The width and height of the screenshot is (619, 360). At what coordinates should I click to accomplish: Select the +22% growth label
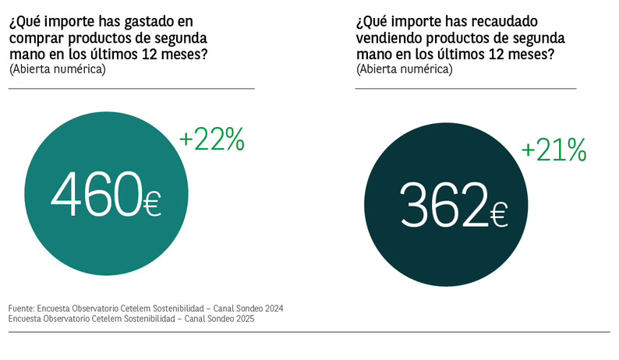pyautogui.click(x=212, y=140)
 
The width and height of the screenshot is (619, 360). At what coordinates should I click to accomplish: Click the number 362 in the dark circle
pyautogui.click(x=442, y=205)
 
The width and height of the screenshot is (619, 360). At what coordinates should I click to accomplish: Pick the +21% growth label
pyautogui.click(x=554, y=150)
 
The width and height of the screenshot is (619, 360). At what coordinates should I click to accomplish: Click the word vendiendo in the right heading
pyautogui.click(x=385, y=37)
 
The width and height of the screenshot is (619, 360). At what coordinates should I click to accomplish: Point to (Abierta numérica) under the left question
pyautogui.click(x=57, y=69)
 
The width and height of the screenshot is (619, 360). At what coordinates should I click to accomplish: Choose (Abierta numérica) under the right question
pyautogui.click(x=404, y=69)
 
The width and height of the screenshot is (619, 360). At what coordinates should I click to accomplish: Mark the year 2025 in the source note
pyautogui.click(x=243, y=318)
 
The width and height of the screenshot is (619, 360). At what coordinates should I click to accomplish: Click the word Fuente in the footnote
pyautogui.click(x=23, y=308)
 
